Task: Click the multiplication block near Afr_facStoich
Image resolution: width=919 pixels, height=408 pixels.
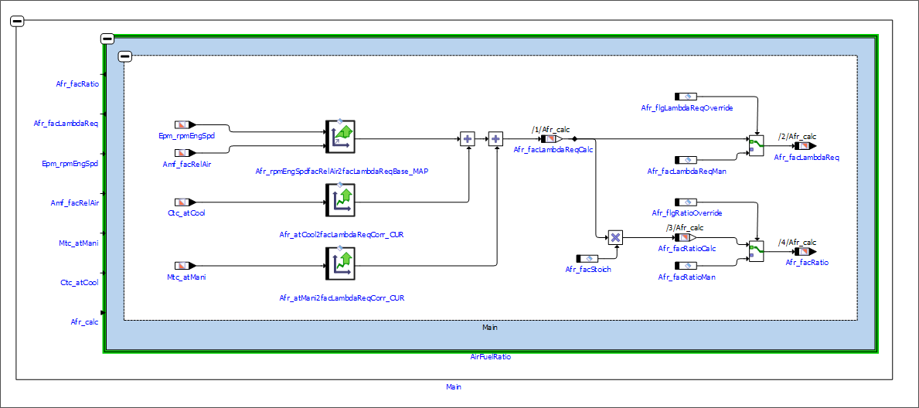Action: click(615, 237)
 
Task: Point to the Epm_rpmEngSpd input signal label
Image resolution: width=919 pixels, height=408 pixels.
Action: click(182, 135)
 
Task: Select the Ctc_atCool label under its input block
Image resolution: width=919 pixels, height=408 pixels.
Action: click(186, 212)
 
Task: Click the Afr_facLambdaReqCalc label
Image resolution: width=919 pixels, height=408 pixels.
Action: click(553, 150)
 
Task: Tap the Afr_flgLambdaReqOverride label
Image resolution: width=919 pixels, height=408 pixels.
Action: click(686, 107)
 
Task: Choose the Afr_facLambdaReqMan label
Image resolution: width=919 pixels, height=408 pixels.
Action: click(686, 171)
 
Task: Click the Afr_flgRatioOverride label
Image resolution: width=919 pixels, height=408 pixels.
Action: click(686, 212)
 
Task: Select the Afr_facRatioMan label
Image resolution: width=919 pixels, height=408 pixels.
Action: click(686, 277)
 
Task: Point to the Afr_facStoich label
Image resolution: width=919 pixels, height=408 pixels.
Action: click(588, 269)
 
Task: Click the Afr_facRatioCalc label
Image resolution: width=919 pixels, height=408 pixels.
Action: click(686, 248)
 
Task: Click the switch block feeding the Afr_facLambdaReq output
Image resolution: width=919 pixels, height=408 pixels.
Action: click(755, 144)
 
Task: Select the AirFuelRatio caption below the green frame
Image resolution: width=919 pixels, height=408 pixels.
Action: click(490, 357)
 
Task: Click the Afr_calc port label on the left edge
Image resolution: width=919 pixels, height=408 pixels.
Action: click(84, 322)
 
